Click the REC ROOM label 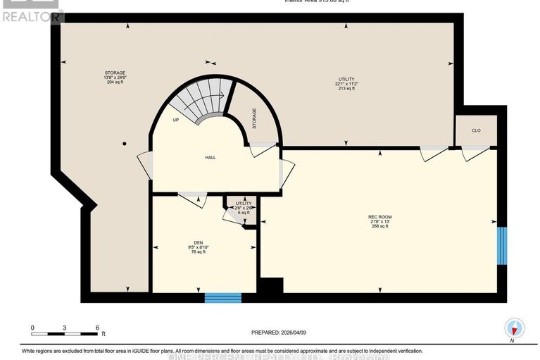(379, 216)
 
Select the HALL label (210, 157)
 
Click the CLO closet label (476, 130)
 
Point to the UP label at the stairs (175, 120)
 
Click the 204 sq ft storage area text (114, 82)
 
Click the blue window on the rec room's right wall (501, 245)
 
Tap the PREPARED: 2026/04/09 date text (280, 333)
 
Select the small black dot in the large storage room (124, 144)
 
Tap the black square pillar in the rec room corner (270, 286)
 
